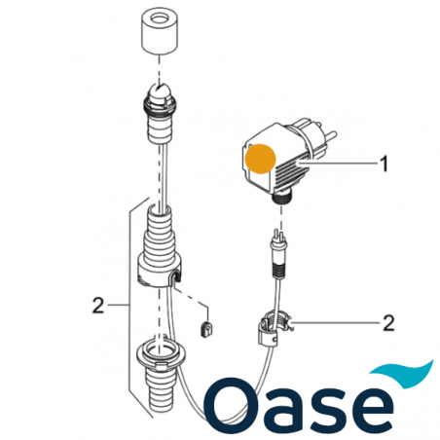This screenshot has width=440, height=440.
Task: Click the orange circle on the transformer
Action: [x=262, y=160]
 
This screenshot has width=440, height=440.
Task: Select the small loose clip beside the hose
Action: [x=205, y=325]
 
